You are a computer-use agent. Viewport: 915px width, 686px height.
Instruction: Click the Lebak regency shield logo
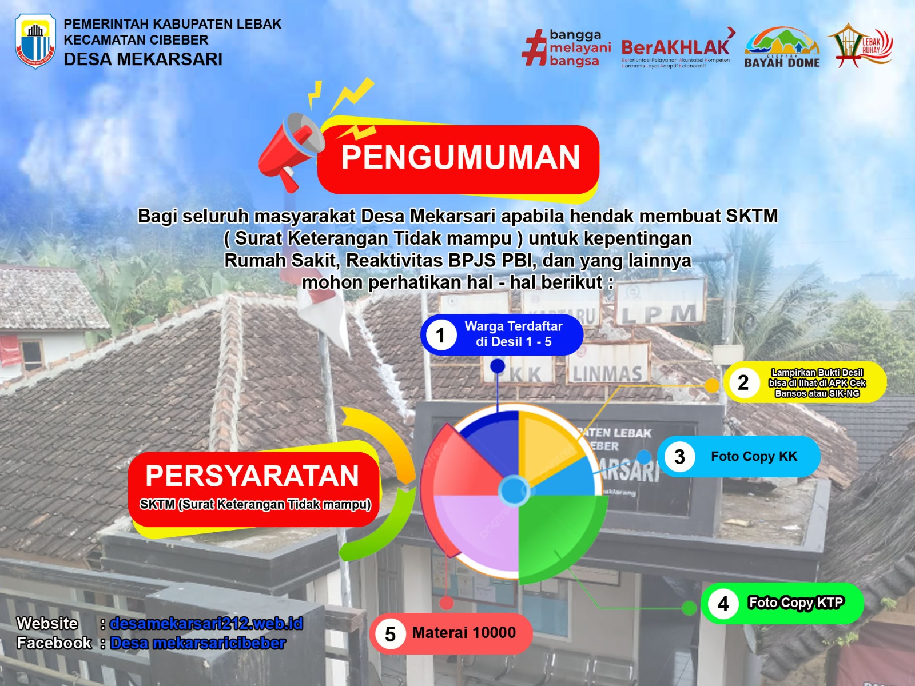pyautogui.click(x=35, y=41)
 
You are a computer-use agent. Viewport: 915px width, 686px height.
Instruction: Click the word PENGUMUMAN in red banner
pyautogui.click(x=460, y=158)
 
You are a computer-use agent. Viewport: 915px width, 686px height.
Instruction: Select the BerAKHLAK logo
pyautogui.click(x=675, y=49)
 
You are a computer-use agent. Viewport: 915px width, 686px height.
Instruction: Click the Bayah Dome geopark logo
pyautogui.click(x=782, y=48)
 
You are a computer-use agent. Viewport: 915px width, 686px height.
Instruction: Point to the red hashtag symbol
pyautogui.click(x=534, y=48)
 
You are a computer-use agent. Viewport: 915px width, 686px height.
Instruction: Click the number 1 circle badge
pyautogui.click(x=440, y=335)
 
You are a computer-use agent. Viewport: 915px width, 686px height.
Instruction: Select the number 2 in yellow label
pyautogui.click(x=743, y=382)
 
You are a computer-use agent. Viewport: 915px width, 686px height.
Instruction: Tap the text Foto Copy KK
pyautogui.click(x=754, y=456)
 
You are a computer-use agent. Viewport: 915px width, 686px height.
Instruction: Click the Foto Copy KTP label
pyautogui.click(x=795, y=603)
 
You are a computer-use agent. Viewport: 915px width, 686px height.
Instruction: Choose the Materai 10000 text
pyautogui.click(x=464, y=633)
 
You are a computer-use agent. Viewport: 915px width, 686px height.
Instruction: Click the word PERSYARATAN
pyautogui.click(x=252, y=476)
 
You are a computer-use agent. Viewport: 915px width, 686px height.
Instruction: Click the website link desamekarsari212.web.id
pyautogui.click(x=206, y=623)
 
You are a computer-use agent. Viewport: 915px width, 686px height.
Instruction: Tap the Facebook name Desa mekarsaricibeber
pyautogui.click(x=198, y=643)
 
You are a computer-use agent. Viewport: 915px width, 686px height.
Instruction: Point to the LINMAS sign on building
pyautogui.click(x=607, y=374)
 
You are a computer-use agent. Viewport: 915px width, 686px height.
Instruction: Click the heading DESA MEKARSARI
pyautogui.click(x=143, y=59)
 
